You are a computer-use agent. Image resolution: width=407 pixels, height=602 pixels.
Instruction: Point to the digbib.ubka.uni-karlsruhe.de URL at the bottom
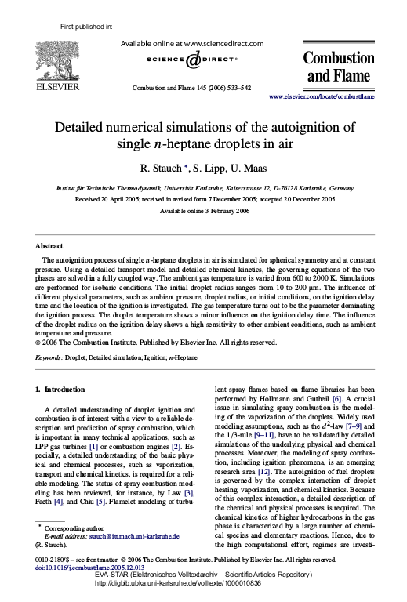click(203, 596)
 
